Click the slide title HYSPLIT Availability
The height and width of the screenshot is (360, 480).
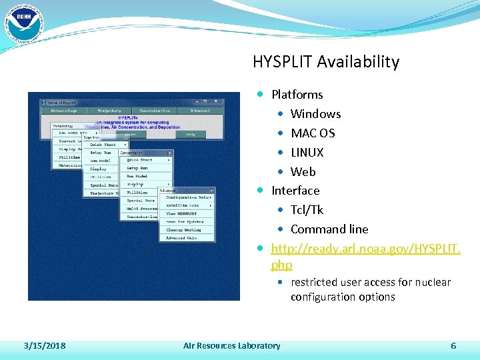click(325, 62)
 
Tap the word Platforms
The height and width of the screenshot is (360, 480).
click(297, 95)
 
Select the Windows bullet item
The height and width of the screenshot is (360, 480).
click(315, 114)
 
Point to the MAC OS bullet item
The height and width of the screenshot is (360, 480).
click(313, 133)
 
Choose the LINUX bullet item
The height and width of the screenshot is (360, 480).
click(307, 153)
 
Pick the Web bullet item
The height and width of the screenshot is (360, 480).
click(303, 171)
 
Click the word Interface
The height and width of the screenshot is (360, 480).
click(295, 191)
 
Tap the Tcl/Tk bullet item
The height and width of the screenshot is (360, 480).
click(307, 210)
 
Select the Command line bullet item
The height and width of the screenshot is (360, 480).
click(329, 229)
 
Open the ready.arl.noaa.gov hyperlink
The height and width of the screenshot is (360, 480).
click(365, 249)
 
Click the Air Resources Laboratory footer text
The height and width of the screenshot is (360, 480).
click(231, 345)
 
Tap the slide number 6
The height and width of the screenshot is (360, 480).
click(453, 345)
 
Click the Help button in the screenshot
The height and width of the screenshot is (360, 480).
click(191, 134)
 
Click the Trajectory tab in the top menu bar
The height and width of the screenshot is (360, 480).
click(109, 111)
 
